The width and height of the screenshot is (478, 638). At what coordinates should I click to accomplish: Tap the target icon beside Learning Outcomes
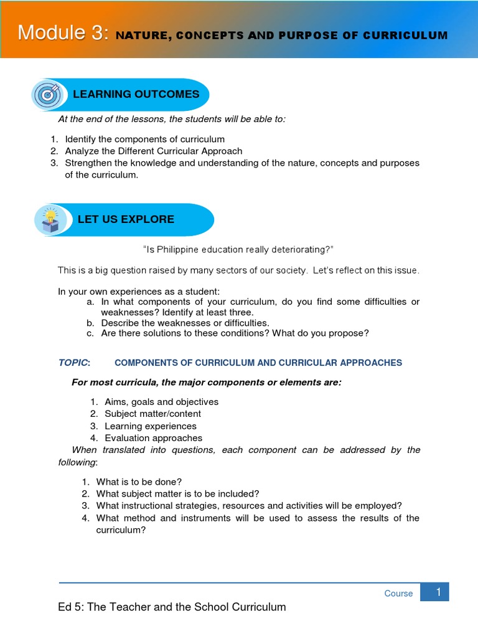point(47,95)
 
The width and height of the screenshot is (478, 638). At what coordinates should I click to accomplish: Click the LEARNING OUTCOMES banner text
point(136,94)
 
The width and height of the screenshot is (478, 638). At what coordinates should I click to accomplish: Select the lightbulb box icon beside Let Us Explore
point(50,220)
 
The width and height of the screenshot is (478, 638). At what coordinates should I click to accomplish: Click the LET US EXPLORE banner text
point(126,219)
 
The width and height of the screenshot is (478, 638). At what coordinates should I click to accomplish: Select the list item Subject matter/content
point(152,414)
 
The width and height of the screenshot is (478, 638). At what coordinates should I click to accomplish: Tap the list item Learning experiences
point(150,426)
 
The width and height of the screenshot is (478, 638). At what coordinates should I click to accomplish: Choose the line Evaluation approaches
point(153,438)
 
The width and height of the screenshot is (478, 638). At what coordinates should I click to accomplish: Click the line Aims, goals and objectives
point(161,402)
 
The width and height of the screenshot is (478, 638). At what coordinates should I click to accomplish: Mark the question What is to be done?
point(138,482)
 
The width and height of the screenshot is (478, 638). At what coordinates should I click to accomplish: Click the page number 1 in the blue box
point(438,592)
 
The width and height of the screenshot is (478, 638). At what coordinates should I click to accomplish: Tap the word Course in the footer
point(398,593)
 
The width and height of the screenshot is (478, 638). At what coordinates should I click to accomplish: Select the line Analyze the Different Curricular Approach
point(153,151)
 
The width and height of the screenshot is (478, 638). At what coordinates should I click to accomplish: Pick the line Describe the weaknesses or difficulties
point(185,323)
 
